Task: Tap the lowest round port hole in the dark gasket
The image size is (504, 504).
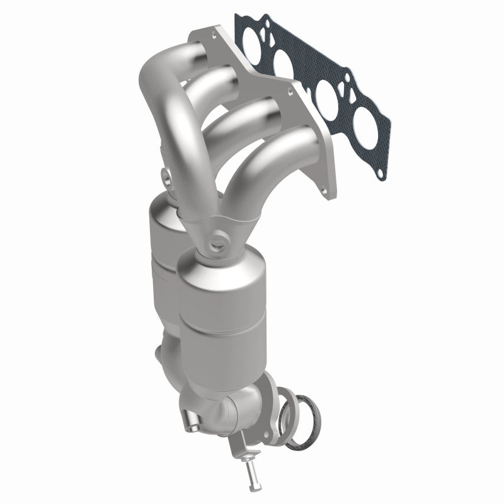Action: tap(372, 119)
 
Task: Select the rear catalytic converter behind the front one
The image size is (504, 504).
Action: tap(165, 265)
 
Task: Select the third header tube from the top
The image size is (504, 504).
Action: tap(252, 117)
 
